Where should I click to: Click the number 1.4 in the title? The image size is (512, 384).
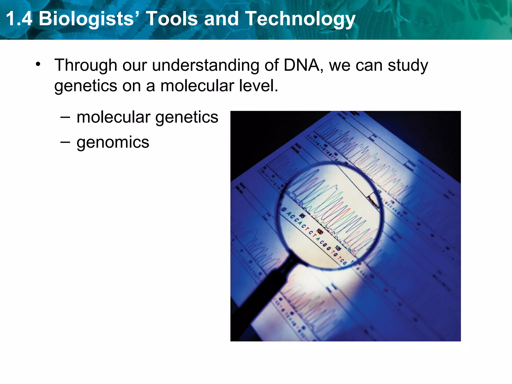[x=19, y=19]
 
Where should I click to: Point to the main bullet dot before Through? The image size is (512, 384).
[x=38, y=64]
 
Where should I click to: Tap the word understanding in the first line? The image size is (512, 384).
[x=205, y=65]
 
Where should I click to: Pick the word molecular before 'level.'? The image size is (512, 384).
[x=198, y=86]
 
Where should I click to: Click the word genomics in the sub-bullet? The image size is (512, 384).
[x=113, y=142]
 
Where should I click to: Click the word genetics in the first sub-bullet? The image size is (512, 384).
[x=187, y=117]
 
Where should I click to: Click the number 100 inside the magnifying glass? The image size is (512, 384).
[x=320, y=231]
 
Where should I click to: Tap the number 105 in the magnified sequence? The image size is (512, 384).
[x=338, y=248]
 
